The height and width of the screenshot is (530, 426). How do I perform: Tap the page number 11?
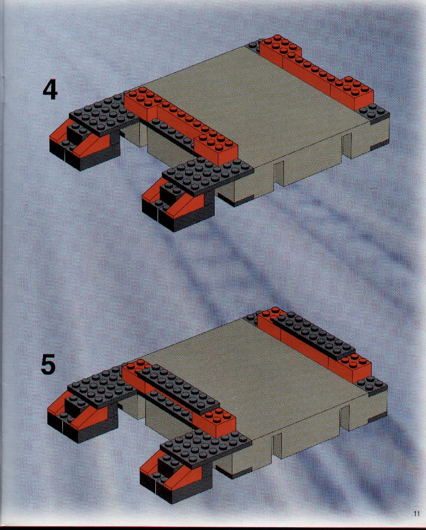pos(416,513)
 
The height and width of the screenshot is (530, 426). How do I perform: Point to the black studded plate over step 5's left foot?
pos(101,387)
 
